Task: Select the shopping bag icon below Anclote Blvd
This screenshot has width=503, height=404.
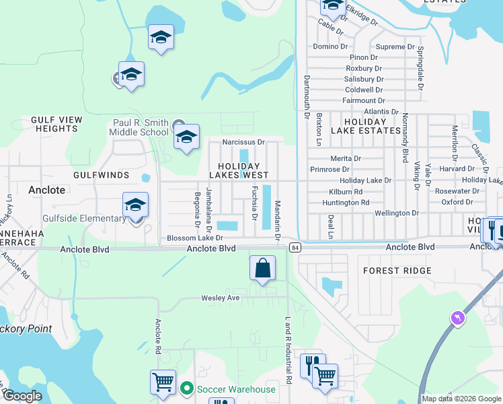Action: [263, 268]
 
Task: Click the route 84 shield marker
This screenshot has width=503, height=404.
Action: [295, 248]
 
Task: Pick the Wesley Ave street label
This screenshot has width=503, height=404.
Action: [221, 298]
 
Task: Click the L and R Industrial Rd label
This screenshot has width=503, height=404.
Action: [288, 350]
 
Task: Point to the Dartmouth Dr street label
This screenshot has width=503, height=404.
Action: [306, 97]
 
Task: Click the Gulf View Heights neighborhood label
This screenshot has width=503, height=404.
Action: [56, 124]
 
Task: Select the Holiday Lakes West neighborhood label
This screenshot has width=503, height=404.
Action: [239, 170]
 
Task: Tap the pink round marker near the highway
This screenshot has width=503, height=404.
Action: [458, 317]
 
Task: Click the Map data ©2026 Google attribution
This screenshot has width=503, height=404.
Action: [461, 399]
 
